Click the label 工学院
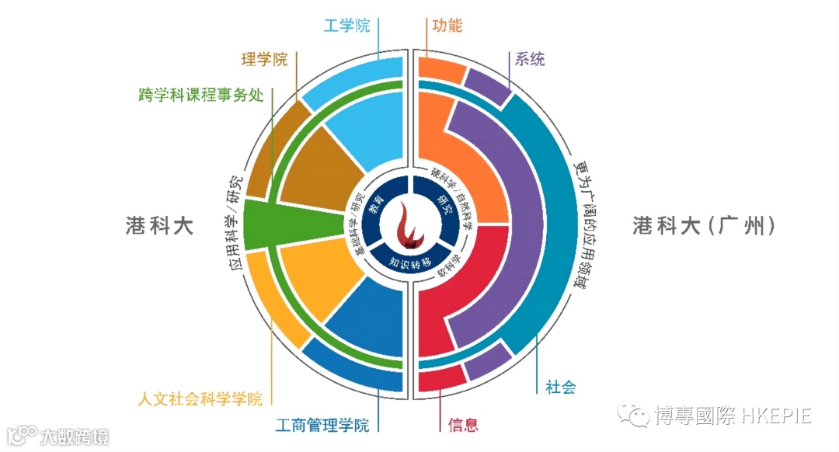tap(346, 25)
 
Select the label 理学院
tap(264, 58)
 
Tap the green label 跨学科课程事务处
tap(198, 96)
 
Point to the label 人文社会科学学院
tap(200, 399)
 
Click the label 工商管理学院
tap(322, 425)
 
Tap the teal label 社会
tap(560, 388)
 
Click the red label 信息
tap(463, 425)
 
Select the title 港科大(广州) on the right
tap(704, 226)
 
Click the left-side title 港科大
tap(159, 226)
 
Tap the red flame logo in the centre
tap(409, 225)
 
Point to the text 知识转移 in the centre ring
tap(409, 262)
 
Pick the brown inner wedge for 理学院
tap(315, 167)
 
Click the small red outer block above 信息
tap(440, 378)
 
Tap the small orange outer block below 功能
tap(440, 69)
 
